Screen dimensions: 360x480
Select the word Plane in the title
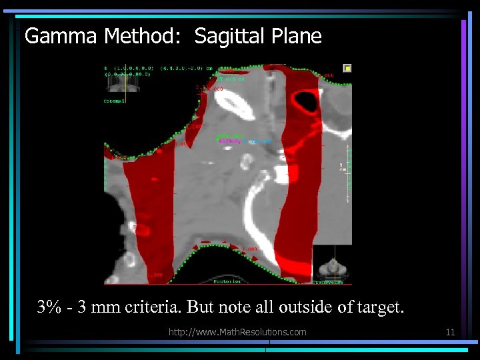pyautogui.click(x=297, y=36)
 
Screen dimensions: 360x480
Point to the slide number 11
pyautogui.click(x=450, y=332)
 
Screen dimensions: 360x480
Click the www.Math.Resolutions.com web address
pyautogui.click(x=237, y=332)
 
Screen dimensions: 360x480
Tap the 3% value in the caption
pyautogui.click(x=50, y=307)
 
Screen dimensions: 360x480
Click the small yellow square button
pyautogui.click(x=347, y=68)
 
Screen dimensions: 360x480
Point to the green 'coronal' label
pyautogui.click(x=114, y=101)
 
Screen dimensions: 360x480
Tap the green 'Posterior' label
pyautogui.click(x=229, y=281)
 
